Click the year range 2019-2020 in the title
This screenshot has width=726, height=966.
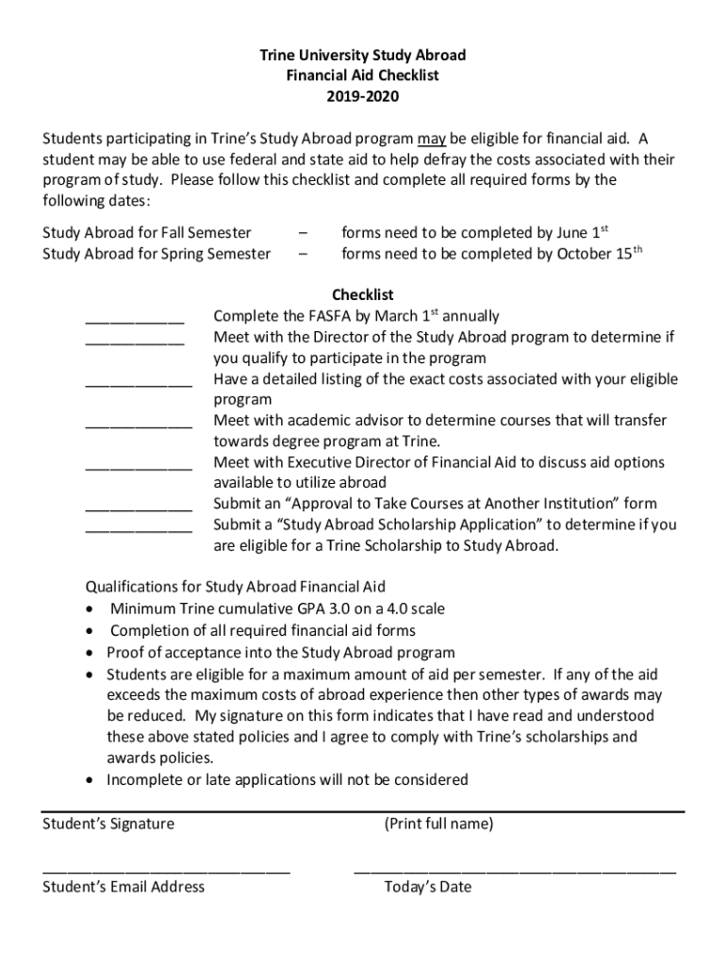(x=363, y=96)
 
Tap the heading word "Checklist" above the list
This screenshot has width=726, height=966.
(x=363, y=295)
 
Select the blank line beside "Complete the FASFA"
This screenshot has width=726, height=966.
(x=134, y=321)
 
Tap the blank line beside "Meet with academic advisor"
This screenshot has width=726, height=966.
(x=139, y=425)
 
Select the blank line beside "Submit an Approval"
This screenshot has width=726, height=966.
(x=139, y=508)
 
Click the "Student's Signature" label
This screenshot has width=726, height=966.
(x=108, y=824)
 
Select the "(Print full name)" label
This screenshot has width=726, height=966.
(x=437, y=824)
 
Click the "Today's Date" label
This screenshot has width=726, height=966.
(x=427, y=888)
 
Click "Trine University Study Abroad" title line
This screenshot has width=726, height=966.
(x=363, y=56)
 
